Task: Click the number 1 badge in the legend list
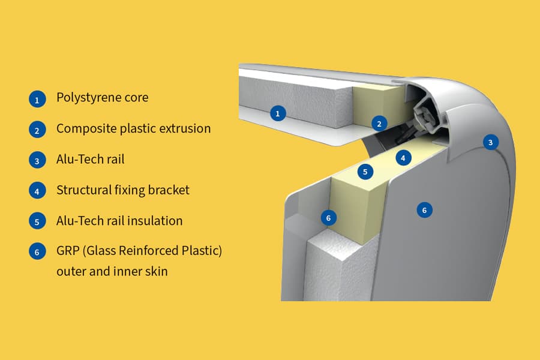pyautogui.click(x=37, y=99)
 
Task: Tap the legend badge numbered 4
pyautogui.click(x=37, y=191)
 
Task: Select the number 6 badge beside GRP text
pyautogui.click(x=37, y=251)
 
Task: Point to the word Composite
pyautogui.click(x=85, y=129)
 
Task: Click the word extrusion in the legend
pyautogui.click(x=185, y=128)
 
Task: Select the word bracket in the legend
pyautogui.click(x=169, y=190)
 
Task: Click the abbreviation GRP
pyautogui.click(x=68, y=251)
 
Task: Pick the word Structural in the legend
pyautogui.click(x=83, y=190)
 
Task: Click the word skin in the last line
pyautogui.click(x=155, y=271)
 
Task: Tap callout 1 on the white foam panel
pyautogui.click(x=277, y=113)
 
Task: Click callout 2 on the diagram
pyautogui.click(x=379, y=124)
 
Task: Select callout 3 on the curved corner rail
pyautogui.click(x=491, y=142)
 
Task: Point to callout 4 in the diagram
pyautogui.click(x=403, y=158)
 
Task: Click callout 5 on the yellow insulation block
pyautogui.click(x=365, y=172)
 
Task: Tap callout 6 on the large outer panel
pyautogui.click(x=424, y=210)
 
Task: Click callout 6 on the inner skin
pyautogui.click(x=328, y=217)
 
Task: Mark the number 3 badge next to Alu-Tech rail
pyautogui.click(x=37, y=160)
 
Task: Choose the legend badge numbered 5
pyautogui.click(x=37, y=221)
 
